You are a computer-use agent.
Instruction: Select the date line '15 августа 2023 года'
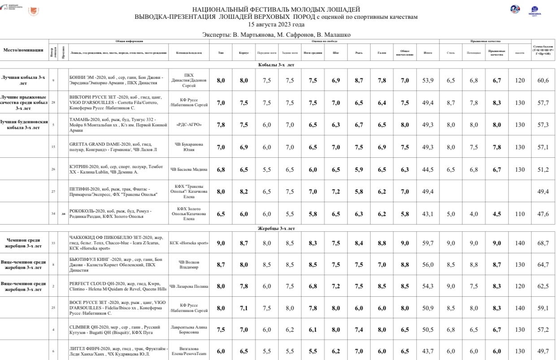pos(276,24)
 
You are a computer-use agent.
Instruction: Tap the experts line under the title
pos(276,35)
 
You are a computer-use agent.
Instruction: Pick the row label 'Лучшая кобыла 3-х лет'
pos(23,80)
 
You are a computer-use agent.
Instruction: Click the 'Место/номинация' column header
pos(23,50)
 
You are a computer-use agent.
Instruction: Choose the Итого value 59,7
pos(427,243)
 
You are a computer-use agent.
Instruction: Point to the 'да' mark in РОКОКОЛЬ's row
pos(63,214)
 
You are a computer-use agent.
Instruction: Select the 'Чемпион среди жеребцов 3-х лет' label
pos(23,243)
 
